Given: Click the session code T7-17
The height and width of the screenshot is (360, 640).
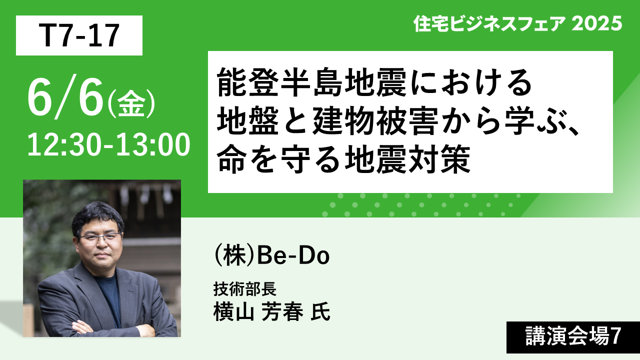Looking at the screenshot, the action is point(79,35).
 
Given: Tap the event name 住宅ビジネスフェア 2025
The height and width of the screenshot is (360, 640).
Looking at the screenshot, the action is point(517,23).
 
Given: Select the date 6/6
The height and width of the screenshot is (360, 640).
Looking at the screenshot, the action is point(65,96).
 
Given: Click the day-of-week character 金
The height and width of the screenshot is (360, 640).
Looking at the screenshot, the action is point(131,103).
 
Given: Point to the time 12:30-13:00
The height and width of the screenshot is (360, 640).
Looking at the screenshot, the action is point(108,145).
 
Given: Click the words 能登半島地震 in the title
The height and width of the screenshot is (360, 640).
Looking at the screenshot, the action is point(311,82).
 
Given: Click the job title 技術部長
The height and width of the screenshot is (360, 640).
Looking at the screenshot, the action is point(245,289).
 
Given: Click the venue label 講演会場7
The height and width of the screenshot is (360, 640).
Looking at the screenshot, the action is point(573,336).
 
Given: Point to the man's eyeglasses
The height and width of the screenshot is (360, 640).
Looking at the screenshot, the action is point(100,237).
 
